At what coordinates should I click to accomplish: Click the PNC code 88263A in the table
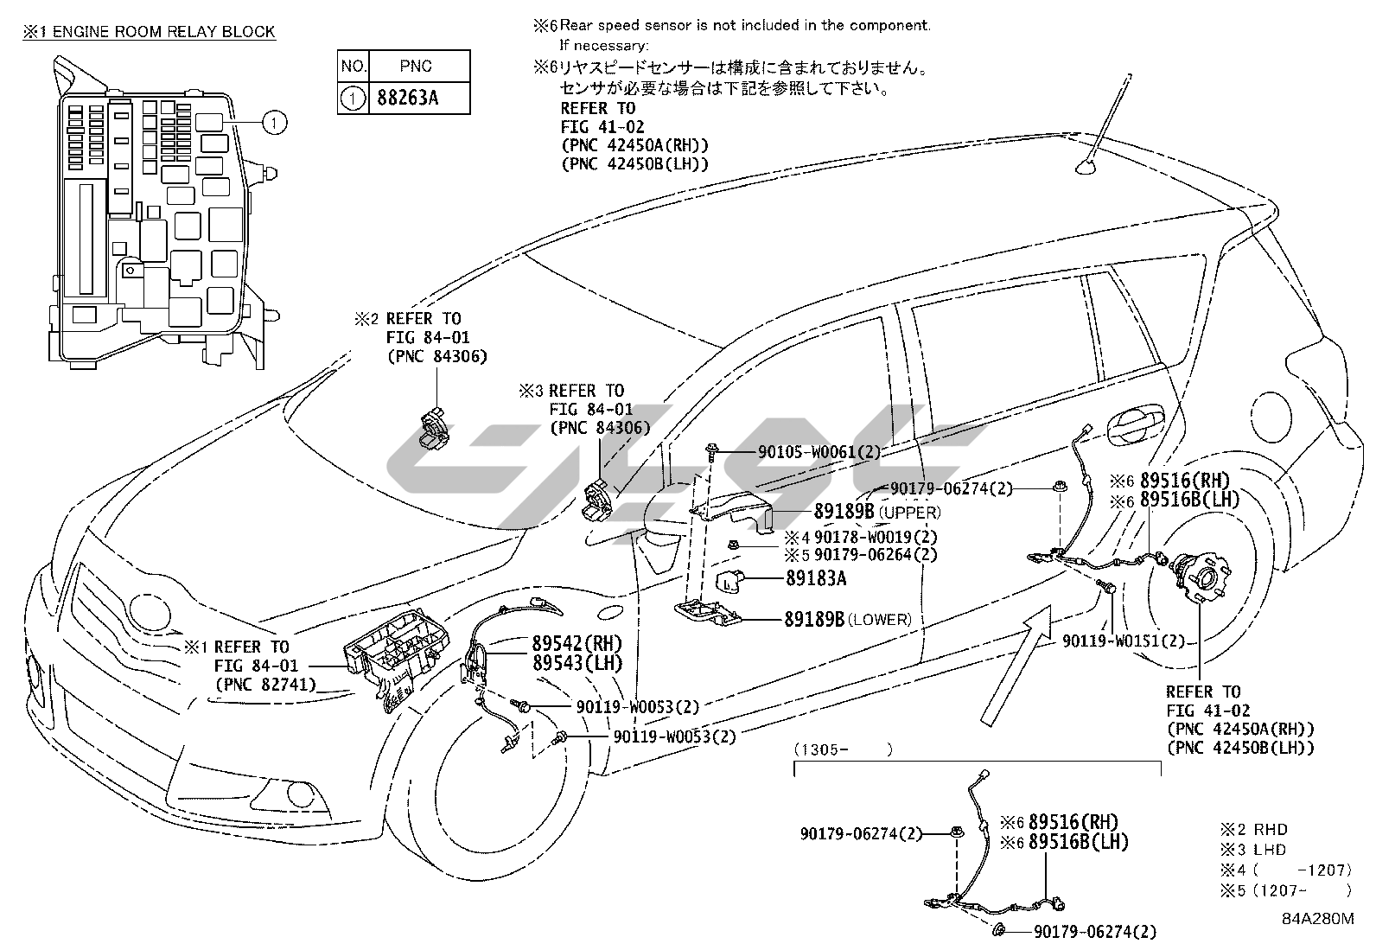pyautogui.click(x=407, y=99)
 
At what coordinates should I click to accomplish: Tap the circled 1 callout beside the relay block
pyautogui.click(x=274, y=123)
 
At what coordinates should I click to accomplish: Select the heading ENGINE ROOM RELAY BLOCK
pyautogui.click(x=164, y=32)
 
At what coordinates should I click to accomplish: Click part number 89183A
pyautogui.click(x=816, y=578)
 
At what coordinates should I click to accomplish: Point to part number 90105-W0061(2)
pyautogui.click(x=819, y=452)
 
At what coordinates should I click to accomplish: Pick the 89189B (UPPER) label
pyautogui.click(x=877, y=511)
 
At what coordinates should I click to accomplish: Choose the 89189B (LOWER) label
pyautogui.click(x=848, y=619)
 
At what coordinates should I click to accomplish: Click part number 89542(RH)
pyautogui.click(x=577, y=643)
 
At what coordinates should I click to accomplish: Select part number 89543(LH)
pyautogui.click(x=577, y=663)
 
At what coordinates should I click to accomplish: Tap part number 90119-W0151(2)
pyautogui.click(x=1124, y=641)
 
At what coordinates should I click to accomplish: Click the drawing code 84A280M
pyautogui.click(x=1317, y=919)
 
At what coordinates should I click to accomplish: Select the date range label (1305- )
pyautogui.click(x=843, y=749)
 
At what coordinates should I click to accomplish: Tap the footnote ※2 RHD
pyautogui.click(x=1253, y=830)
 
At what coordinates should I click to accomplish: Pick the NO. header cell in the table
pyautogui.click(x=354, y=67)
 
